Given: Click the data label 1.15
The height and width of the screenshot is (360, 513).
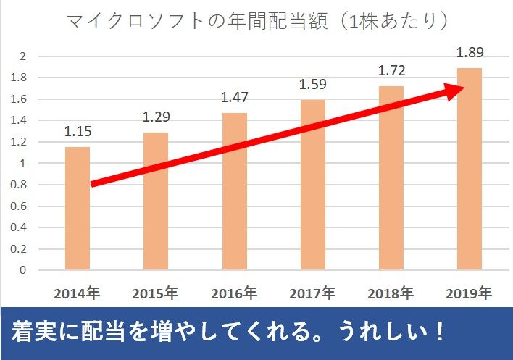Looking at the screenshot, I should tap(77, 133).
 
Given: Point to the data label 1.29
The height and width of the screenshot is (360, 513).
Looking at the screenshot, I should tap(156, 117).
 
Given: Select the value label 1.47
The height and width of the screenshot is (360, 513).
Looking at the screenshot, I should tap(234, 97).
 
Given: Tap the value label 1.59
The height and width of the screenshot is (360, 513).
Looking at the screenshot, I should tap(313, 85).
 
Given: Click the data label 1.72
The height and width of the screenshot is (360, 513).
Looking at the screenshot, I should tap(391, 71).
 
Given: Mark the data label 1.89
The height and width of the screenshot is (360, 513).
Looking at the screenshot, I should tap(469, 52).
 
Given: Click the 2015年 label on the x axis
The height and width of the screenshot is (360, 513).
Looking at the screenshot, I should tap(155, 294).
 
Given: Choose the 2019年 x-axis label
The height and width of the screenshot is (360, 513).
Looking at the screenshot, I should tap(469, 294).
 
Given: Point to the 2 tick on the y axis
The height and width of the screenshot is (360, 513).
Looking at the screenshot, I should tap(23, 56).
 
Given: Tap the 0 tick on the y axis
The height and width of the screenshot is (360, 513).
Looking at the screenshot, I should tap(23, 270).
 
